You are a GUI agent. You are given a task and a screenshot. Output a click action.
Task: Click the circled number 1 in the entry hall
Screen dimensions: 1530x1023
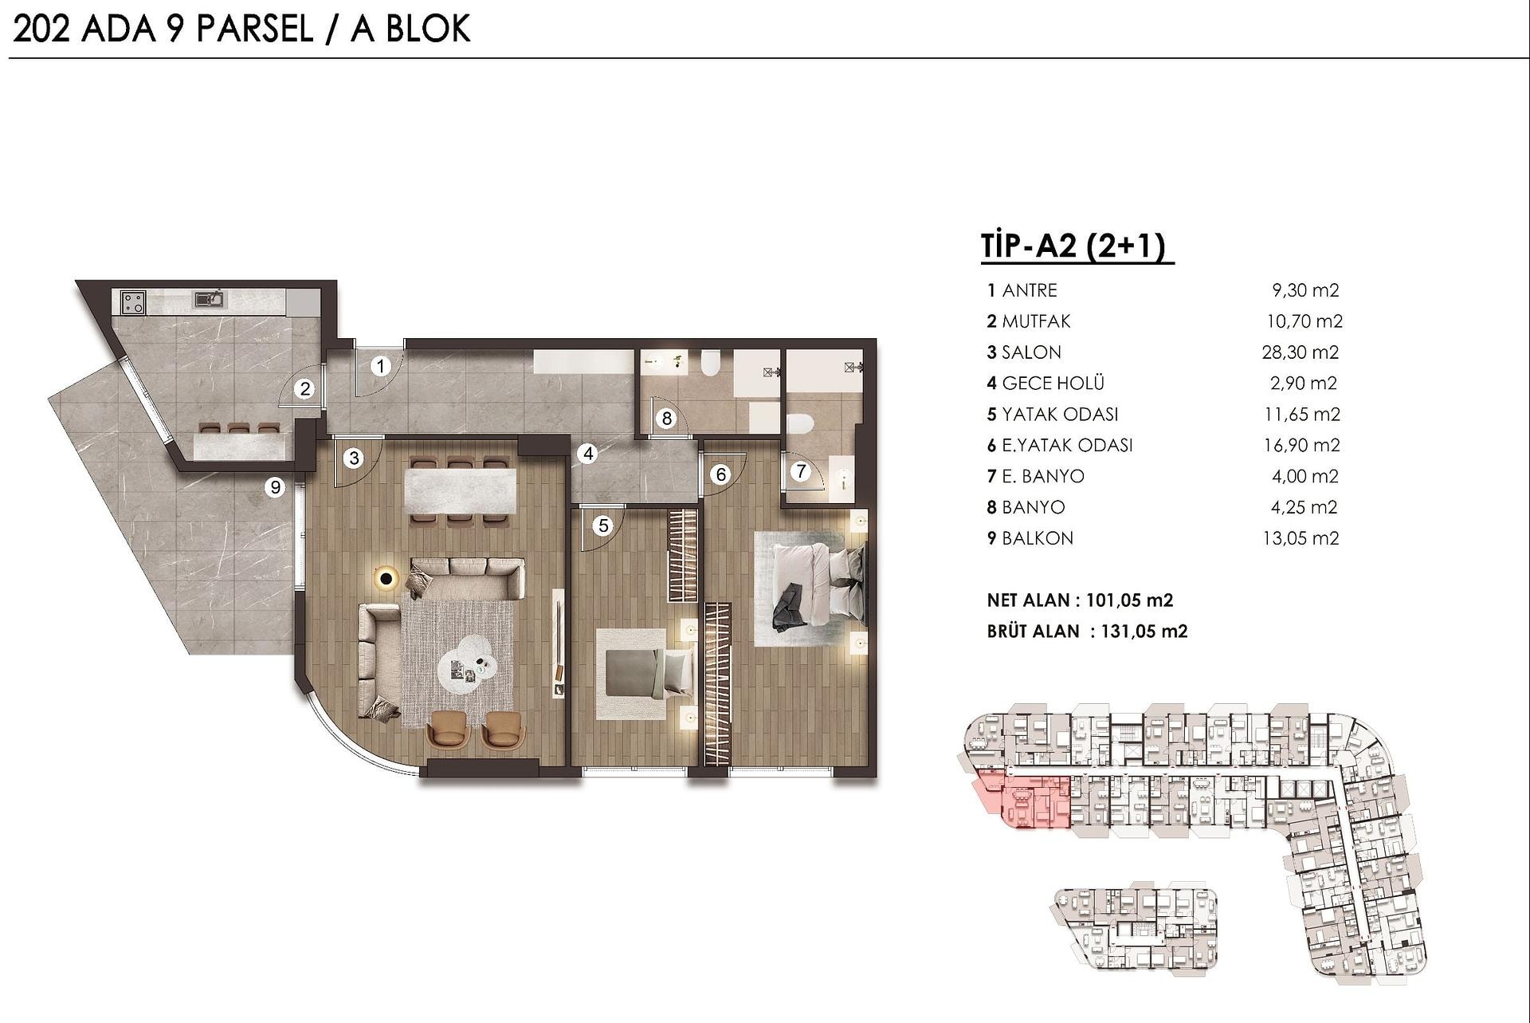381,366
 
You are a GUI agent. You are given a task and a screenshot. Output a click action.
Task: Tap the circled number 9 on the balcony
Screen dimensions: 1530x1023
275,486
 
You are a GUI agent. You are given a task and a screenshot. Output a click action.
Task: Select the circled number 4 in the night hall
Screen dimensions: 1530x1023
588,454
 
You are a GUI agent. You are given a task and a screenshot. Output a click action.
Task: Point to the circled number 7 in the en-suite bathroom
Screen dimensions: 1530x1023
801,471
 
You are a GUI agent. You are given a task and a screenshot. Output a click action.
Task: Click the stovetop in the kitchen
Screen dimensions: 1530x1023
132,302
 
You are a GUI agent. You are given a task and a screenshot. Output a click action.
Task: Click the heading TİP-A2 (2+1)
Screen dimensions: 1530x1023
1077,246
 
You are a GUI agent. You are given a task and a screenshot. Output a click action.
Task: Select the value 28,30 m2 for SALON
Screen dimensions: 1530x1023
1300,352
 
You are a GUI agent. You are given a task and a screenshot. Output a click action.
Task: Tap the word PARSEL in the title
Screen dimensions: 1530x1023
254,29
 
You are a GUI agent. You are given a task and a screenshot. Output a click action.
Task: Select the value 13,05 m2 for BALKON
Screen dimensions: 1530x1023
1300,538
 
